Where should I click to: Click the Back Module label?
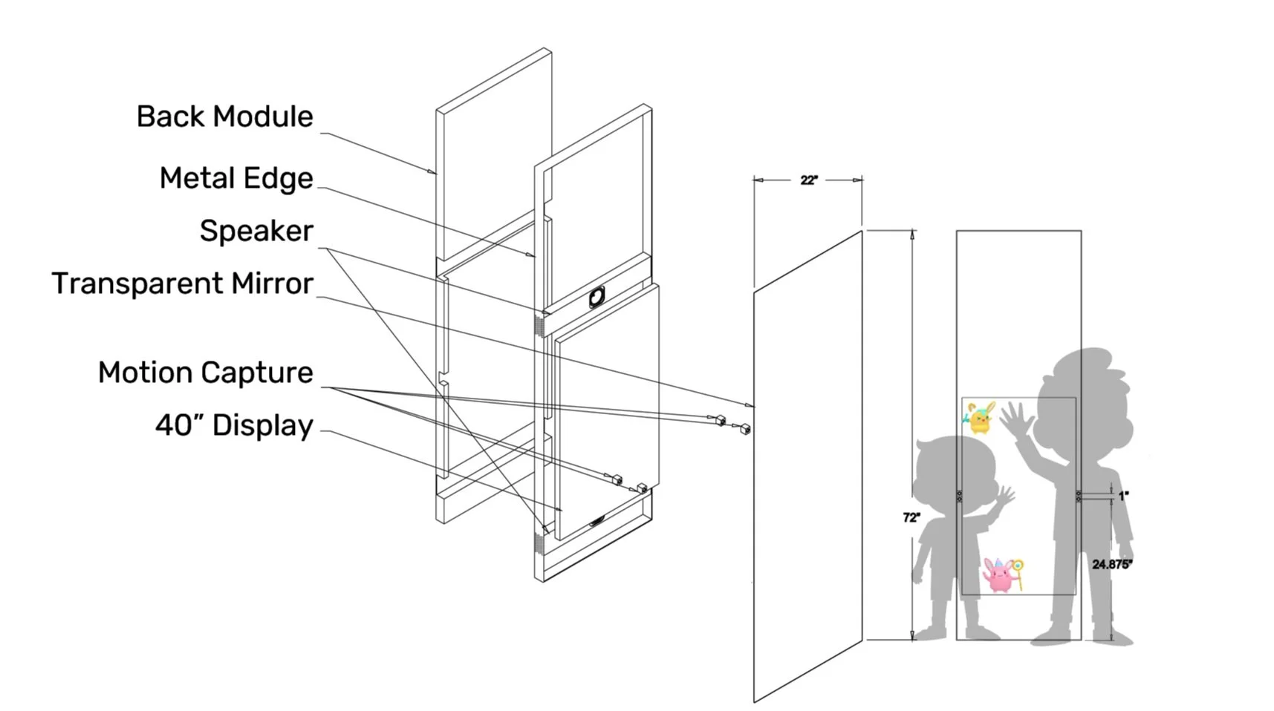224,117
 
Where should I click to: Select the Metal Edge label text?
236,178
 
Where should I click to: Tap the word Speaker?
256,231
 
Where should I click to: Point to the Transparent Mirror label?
182,284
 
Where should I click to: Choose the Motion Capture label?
205,373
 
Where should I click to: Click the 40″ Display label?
234,426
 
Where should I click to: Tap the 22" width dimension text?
809,180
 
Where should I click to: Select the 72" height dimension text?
911,517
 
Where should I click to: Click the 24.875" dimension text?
1111,565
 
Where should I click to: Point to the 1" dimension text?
1123,496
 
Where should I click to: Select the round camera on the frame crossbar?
597,297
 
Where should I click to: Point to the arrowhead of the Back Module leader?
434,173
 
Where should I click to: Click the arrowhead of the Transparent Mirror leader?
751,405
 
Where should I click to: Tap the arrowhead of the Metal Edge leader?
532,255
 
